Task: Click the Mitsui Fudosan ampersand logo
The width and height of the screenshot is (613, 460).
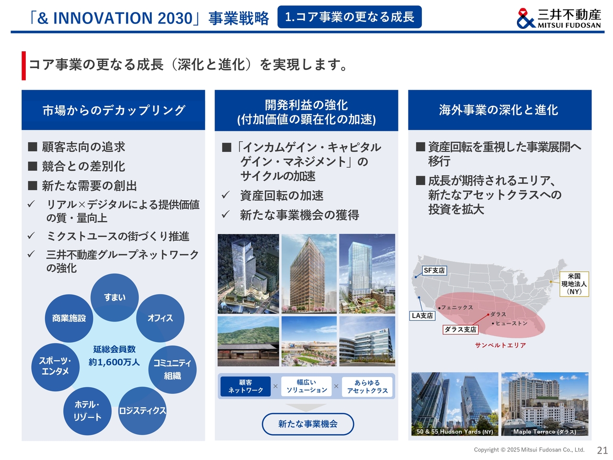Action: [525, 18]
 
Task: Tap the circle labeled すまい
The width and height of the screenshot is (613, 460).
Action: [114, 297]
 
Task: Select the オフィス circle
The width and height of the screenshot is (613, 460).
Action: [160, 318]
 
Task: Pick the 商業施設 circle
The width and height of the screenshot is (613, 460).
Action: [69, 318]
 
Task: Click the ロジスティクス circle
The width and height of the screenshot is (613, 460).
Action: [142, 411]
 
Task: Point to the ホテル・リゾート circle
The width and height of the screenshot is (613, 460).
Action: [88, 411]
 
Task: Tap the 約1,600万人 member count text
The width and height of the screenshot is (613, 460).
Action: [114, 362]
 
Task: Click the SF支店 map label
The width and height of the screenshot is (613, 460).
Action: [434, 270]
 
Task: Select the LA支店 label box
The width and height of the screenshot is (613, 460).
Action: [422, 316]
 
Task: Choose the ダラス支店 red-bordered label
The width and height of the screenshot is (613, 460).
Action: [460, 330]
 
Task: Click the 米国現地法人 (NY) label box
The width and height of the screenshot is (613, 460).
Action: [574, 284]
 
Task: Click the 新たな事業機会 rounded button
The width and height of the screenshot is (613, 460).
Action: [308, 424]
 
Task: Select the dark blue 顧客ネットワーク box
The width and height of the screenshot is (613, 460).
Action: [246, 386]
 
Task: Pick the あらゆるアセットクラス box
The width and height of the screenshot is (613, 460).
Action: [367, 387]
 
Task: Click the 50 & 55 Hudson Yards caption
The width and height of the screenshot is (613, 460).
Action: [454, 432]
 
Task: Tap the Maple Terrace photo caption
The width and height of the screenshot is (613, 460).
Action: [545, 432]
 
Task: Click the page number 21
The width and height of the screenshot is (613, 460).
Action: [602, 450]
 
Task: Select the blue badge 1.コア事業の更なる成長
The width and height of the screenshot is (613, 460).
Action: [350, 17]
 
